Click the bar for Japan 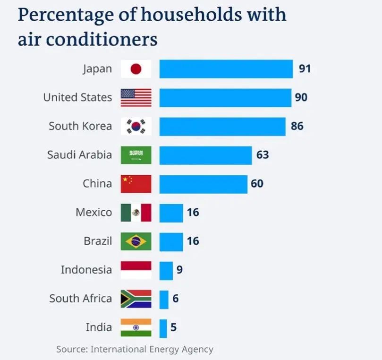point(226,69)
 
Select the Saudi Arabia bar point(205,155)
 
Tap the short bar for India point(163,328)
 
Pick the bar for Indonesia point(166,270)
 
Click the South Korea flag point(136,127)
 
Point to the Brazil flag point(136,241)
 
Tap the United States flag point(136,98)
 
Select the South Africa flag point(136,299)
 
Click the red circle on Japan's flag point(136,69)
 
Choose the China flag point(136,184)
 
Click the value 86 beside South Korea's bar point(297,126)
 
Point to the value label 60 point(257,184)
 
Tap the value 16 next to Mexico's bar point(193,213)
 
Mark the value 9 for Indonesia point(179,270)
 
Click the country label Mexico point(94,213)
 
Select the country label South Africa point(81,299)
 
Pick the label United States point(77,98)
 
